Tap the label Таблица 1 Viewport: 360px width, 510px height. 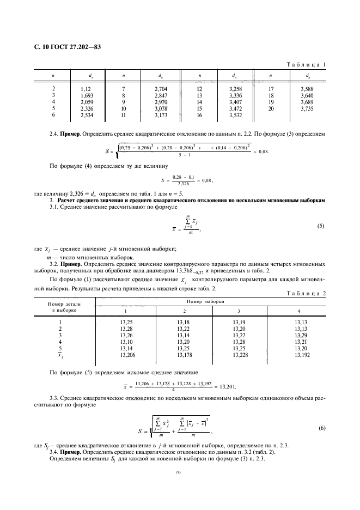click(x=306, y=65)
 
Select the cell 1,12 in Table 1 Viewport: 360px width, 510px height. click(x=84, y=88)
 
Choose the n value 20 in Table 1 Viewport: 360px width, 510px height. click(x=270, y=108)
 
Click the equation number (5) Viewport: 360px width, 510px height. click(x=321, y=225)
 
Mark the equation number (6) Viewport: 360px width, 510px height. click(x=321, y=429)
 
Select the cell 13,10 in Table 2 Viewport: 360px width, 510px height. click(x=126, y=343)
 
